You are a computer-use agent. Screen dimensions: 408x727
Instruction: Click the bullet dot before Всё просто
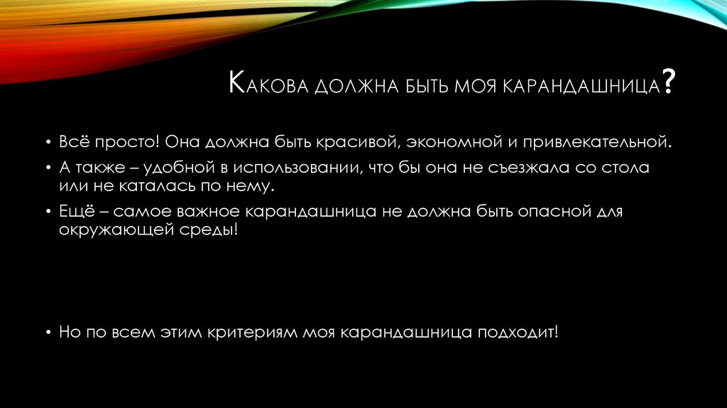click(48, 143)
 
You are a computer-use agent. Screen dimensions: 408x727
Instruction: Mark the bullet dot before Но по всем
click(48, 333)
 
